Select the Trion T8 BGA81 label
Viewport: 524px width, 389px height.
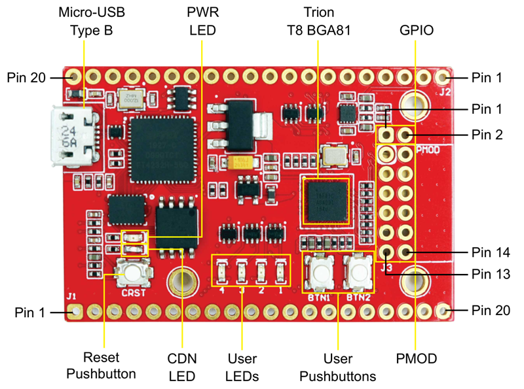318,22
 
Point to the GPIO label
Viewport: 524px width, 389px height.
416,30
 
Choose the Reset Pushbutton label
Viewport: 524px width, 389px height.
109,367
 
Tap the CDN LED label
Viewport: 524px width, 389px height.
182,367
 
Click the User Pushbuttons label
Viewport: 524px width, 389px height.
337,367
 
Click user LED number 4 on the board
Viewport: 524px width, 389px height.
223,269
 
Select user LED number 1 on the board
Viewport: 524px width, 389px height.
280,269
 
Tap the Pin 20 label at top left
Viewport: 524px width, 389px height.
27,77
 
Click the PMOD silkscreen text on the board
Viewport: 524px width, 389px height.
430,150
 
